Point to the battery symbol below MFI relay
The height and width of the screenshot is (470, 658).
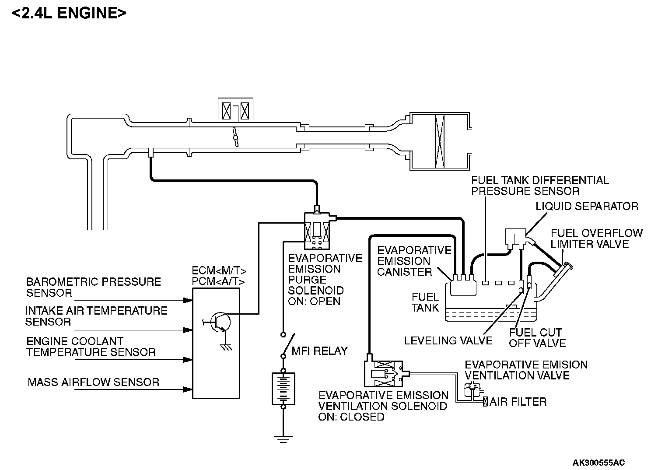pyautogui.click(x=283, y=388)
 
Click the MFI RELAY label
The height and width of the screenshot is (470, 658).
pyautogui.click(x=319, y=351)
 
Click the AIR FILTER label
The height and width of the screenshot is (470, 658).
pyautogui.click(x=518, y=402)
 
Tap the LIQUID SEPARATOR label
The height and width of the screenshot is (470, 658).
pyautogui.click(x=587, y=206)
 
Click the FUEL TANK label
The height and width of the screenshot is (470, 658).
pyautogui.click(x=425, y=302)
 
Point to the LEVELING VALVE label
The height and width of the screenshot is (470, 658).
pyautogui.click(x=448, y=340)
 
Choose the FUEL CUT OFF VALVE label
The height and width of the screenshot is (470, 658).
pyautogui.click(x=537, y=338)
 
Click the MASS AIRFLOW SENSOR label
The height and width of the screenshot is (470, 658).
pyautogui.click(x=93, y=382)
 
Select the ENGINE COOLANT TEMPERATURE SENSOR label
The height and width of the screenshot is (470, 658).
pyautogui.click(x=91, y=347)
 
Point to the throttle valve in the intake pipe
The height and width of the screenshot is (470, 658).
pyautogui.click(x=236, y=137)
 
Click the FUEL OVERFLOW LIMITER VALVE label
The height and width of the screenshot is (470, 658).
pyautogui.click(x=596, y=238)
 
